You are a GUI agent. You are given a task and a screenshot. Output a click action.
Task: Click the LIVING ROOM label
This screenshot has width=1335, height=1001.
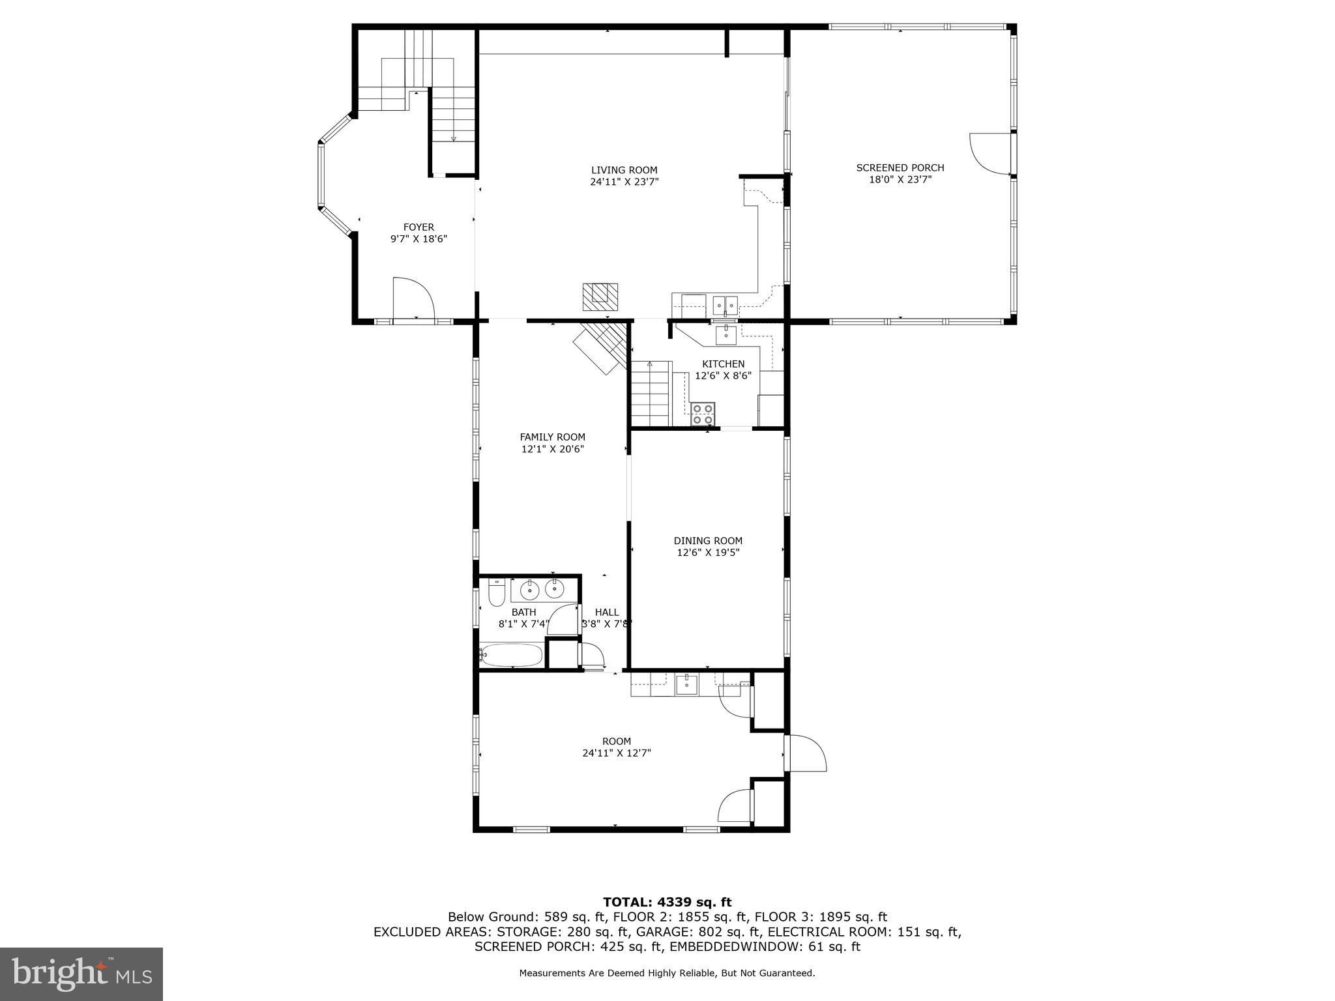click(624, 171)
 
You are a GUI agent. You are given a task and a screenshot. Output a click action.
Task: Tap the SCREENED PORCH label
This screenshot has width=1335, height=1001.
click(900, 168)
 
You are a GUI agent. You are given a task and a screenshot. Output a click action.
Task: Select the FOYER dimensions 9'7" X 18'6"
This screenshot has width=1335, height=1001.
click(418, 239)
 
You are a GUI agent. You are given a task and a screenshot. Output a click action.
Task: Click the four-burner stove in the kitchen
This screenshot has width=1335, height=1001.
click(703, 414)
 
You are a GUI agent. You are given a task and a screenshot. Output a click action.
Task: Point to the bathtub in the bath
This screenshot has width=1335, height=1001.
click(512, 655)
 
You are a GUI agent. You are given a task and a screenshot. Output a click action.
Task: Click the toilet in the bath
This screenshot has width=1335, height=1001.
click(496, 594)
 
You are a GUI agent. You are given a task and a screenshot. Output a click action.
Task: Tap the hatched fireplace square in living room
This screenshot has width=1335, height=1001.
click(600, 297)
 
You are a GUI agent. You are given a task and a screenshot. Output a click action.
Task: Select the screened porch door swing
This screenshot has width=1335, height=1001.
click(990, 153)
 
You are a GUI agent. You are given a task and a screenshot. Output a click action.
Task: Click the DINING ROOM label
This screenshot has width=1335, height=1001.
click(708, 541)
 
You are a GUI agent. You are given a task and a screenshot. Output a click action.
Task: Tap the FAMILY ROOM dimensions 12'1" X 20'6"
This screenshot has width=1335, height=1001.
click(552, 449)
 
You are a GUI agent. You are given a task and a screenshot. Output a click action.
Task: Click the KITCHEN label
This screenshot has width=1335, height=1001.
click(723, 364)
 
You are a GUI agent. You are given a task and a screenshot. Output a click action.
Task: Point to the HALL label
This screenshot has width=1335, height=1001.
click(606, 613)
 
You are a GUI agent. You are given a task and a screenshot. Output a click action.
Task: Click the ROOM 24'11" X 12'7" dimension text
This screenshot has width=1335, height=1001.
click(617, 753)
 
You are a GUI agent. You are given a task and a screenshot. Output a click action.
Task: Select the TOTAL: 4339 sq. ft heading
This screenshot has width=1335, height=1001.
click(667, 903)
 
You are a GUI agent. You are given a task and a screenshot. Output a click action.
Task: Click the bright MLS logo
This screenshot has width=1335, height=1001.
click(81, 974)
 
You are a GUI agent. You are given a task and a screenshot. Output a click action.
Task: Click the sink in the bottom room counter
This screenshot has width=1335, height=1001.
click(686, 685)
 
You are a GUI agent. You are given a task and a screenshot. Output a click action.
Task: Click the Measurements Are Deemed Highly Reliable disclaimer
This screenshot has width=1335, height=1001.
click(667, 974)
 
